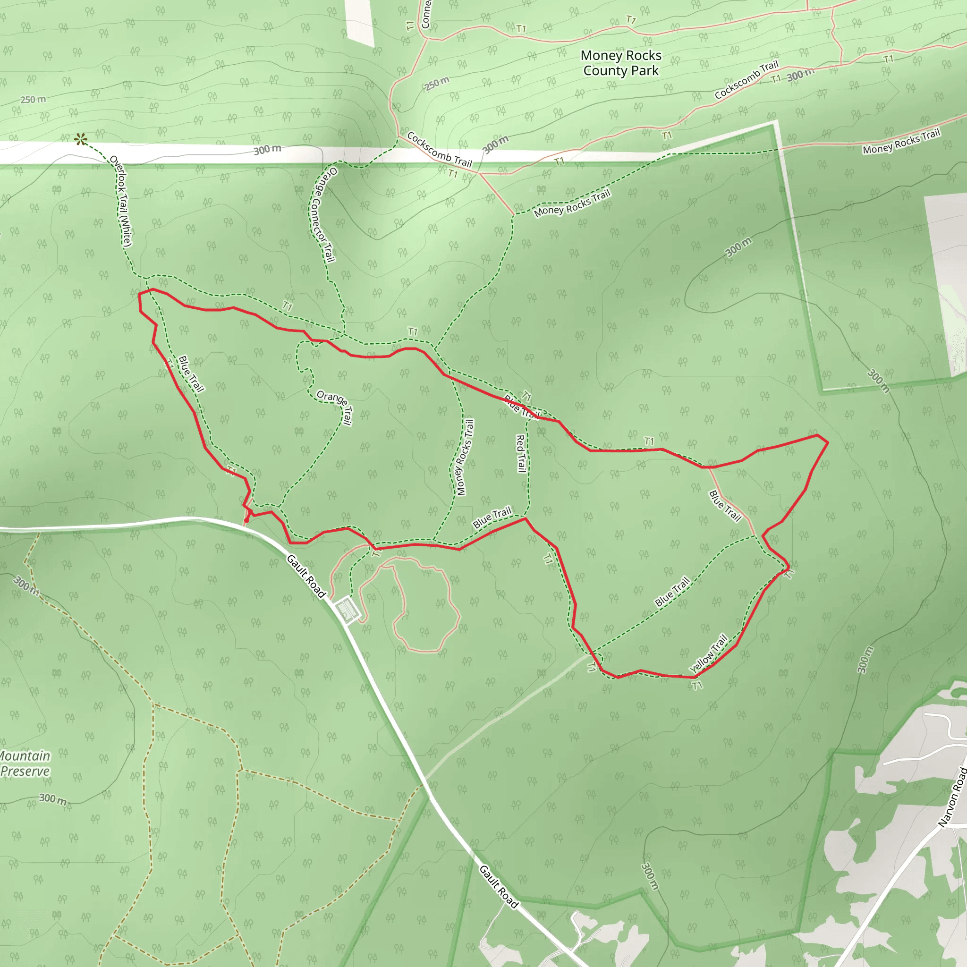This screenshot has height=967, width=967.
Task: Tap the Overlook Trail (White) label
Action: tap(120, 201)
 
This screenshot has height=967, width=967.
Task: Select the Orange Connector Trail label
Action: tap(323, 214)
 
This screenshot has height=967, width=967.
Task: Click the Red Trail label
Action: tap(521, 453)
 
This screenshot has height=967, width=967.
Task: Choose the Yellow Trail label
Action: tap(708, 653)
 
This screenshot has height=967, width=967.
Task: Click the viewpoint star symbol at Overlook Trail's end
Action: tap(81, 140)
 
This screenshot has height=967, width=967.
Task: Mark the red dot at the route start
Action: tap(246, 520)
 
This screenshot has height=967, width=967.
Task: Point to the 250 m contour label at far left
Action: tap(33, 100)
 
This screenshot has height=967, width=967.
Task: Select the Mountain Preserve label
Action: tap(25, 763)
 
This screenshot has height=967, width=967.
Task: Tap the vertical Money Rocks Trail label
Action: tap(465, 457)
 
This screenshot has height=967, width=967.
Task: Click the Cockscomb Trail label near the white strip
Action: tap(440, 149)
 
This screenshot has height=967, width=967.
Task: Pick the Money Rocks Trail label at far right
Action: tap(901, 141)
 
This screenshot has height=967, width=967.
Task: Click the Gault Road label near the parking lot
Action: tap(306, 576)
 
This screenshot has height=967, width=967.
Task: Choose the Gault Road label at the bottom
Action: tap(499, 886)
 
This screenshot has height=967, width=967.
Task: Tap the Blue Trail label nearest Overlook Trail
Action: tap(191, 374)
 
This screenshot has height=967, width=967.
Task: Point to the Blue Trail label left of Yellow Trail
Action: tap(672, 592)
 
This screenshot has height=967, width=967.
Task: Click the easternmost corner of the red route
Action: tap(828, 442)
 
